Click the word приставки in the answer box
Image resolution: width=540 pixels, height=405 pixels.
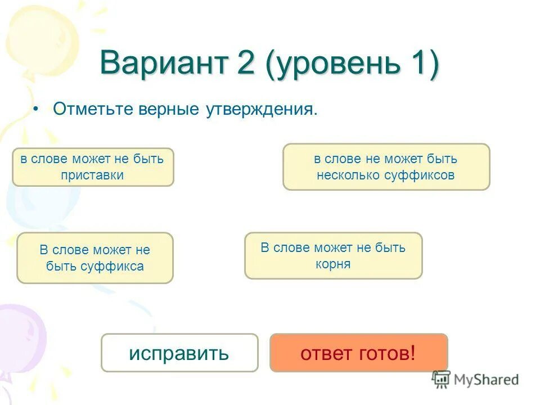(93, 175)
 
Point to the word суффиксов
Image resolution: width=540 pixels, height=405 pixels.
(420, 175)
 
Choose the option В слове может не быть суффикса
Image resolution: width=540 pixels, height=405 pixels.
(95, 258)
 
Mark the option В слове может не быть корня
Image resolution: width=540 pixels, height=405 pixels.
(333, 256)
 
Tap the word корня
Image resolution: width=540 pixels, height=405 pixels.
(333, 264)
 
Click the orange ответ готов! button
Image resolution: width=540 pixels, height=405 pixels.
(358, 353)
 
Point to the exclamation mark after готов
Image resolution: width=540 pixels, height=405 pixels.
(413, 353)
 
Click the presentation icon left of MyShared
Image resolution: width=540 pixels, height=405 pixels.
(441, 379)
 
